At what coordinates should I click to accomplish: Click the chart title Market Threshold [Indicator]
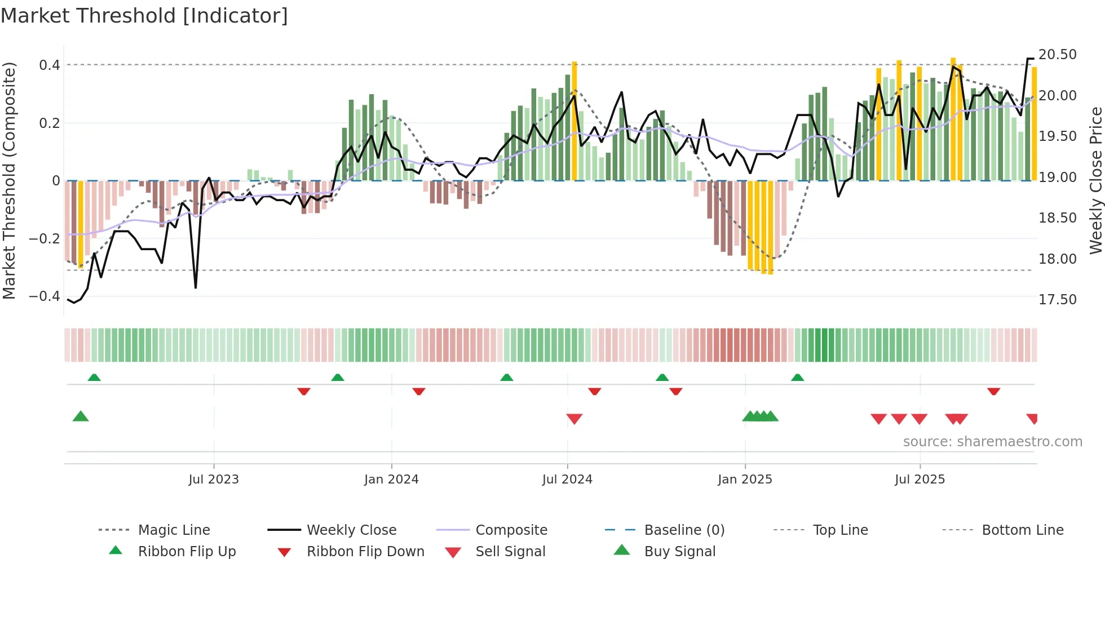point(144,16)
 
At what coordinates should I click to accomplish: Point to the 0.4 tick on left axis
point(49,65)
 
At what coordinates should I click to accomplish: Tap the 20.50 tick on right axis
point(1057,55)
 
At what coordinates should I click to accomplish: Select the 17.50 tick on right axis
point(1057,300)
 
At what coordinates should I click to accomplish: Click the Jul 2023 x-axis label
point(214,480)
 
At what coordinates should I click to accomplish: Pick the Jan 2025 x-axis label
point(745,480)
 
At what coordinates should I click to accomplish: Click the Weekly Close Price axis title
point(1095,180)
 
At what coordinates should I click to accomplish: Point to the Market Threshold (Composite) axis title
point(9,180)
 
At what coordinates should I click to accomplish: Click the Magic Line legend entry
point(174,530)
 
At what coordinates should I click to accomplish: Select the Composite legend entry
point(511,530)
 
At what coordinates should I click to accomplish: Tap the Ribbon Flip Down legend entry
point(365,552)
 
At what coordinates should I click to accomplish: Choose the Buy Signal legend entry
point(679,552)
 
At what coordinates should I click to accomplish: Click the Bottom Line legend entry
point(1022,530)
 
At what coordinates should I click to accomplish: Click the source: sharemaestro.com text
point(992,442)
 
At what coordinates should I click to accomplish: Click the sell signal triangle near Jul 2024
point(574,418)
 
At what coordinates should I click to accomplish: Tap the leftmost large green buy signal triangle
point(81,416)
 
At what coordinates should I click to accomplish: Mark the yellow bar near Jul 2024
point(574,121)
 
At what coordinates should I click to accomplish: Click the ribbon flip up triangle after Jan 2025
point(797,378)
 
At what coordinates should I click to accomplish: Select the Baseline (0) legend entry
point(684,530)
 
